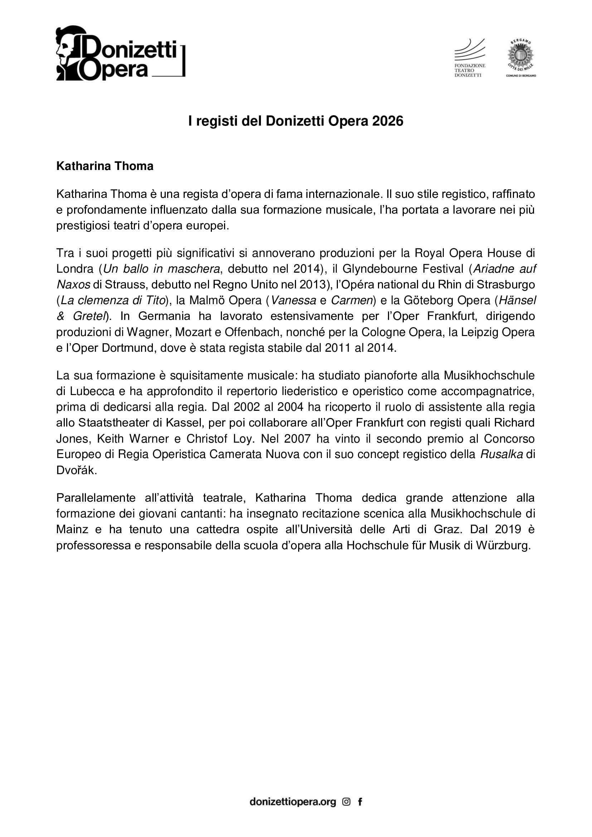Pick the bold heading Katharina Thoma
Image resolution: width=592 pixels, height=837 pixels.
pyautogui.click(x=105, y=166)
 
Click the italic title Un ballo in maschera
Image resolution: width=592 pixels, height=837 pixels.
pyautogui.click(x=161, y=269)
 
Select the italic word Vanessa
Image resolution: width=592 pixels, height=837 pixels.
pyautogui.click(x=293, y=300)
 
